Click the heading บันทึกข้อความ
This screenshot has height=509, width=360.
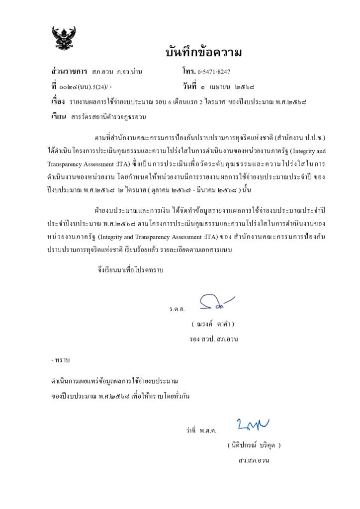204,52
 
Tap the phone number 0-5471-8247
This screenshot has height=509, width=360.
214,72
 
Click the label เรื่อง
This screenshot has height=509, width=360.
58,101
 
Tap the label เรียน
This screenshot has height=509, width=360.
59,117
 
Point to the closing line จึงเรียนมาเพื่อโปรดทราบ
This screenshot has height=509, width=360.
131,271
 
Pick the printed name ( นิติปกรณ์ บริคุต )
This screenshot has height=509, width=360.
254,445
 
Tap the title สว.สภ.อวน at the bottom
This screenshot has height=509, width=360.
254,460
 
